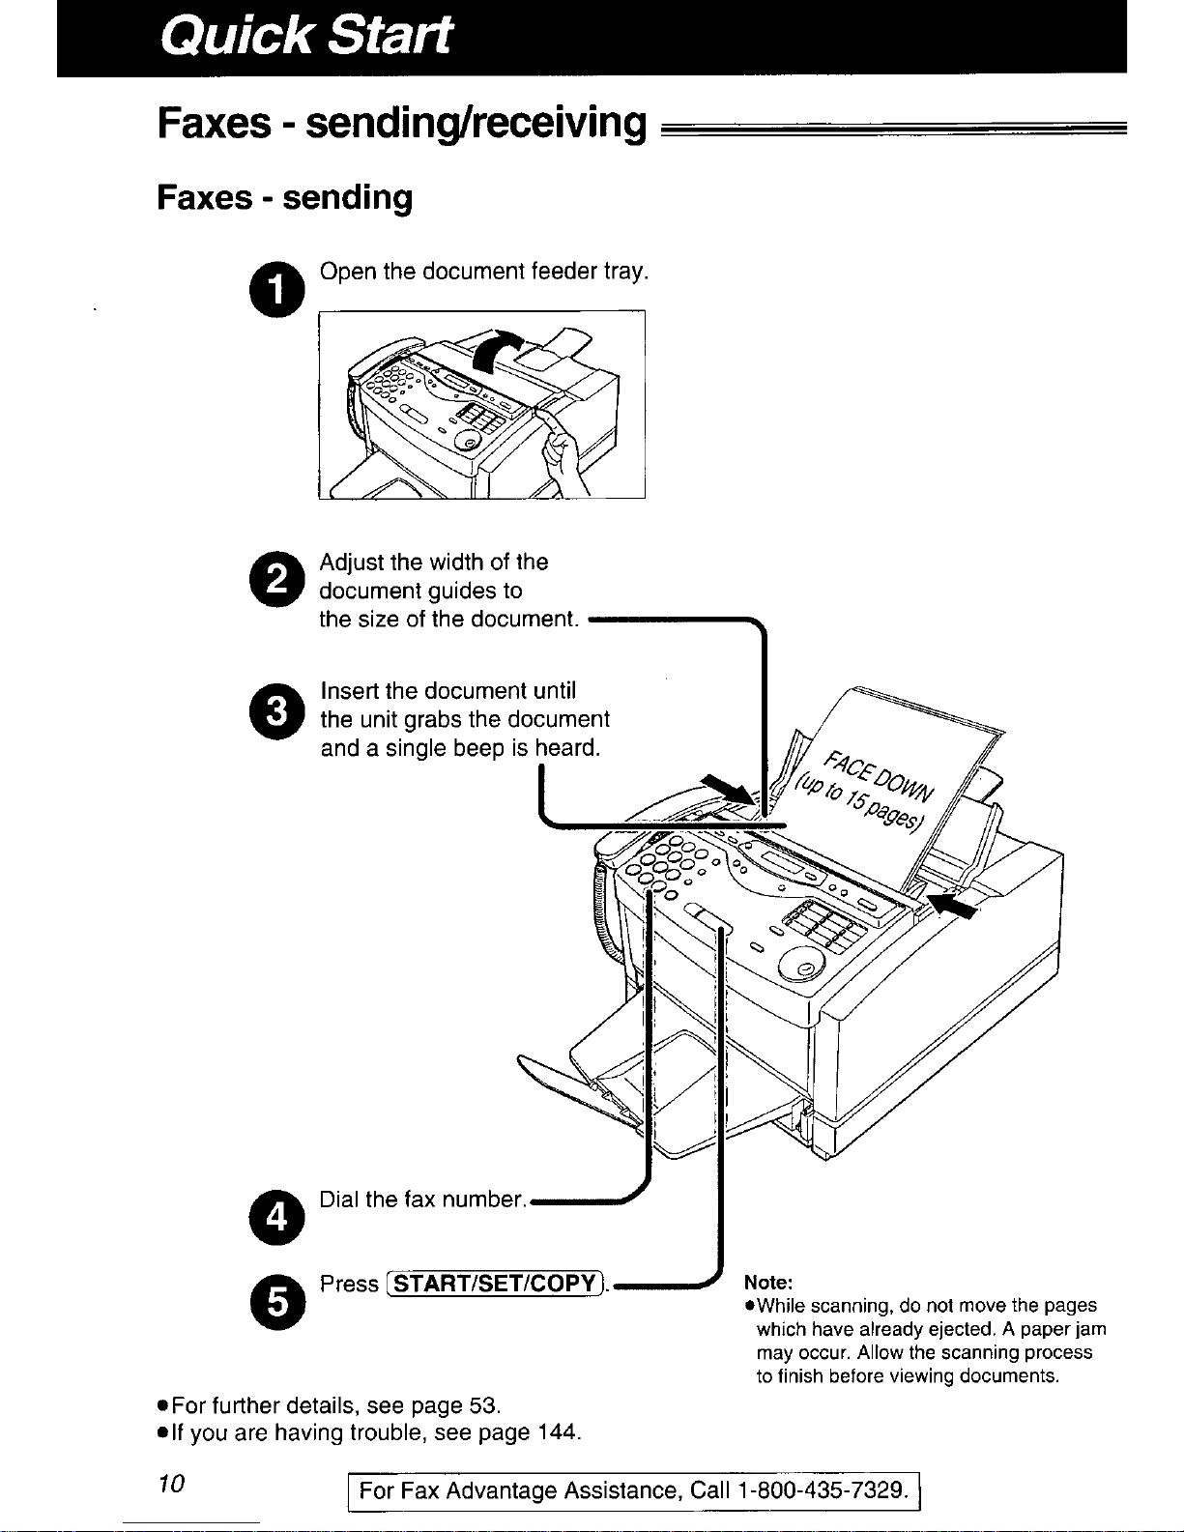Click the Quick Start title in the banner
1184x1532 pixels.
coord(305,35)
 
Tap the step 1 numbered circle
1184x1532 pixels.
coord(277,289)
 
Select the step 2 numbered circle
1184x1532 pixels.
coord(277,579)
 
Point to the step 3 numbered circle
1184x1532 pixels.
coord(277,711)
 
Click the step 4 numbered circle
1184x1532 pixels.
coord(277,1217)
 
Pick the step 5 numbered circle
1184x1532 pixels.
coord(277,1302)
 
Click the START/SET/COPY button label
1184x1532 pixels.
coord(496,1284)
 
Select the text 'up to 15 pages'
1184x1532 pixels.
coord(857,804)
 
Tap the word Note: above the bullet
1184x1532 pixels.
coord(768,1282)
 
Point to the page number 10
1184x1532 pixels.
coord(171,1484)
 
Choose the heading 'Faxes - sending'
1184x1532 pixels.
coord(284,197)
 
